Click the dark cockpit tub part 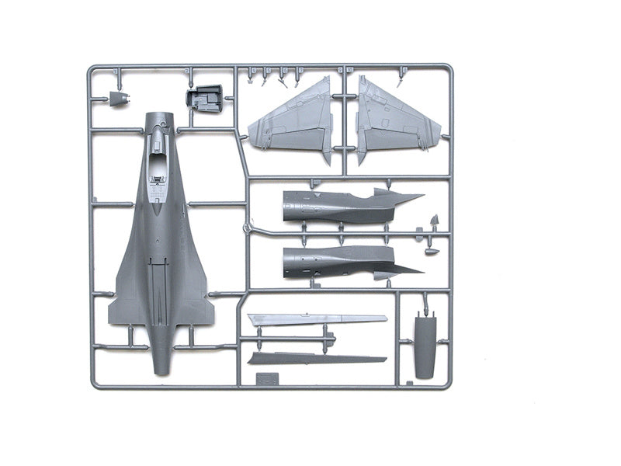click(x=203, y=99)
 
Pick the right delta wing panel click(x=393, y=121)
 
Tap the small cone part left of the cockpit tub click(x=119, y=99)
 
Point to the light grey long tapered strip click(x=317, y=319)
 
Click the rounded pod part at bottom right click(x=424, y=346)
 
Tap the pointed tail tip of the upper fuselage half click(x=419, y=196)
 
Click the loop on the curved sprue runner click(x=247, y=228)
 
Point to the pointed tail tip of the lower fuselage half click(x=419, y=271)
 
